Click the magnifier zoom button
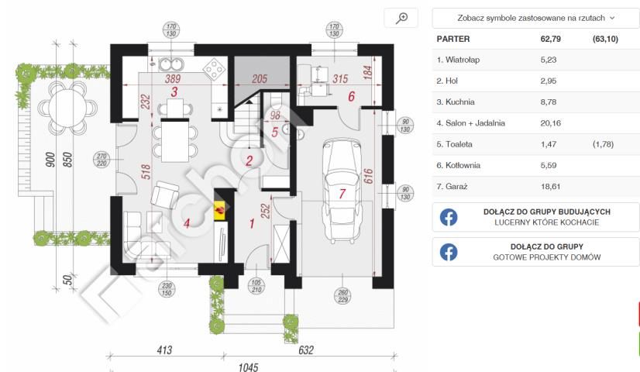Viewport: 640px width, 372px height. [401, 19]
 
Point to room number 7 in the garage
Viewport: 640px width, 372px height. [342, 194]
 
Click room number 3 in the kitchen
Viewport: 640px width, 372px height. [174, 92]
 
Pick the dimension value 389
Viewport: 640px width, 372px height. [173, 78]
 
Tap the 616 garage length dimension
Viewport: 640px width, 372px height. [368, 176]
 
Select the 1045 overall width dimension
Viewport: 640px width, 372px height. [248, 367]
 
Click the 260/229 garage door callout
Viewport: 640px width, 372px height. [342, 296]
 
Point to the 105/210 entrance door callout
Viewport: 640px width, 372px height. [256, 286]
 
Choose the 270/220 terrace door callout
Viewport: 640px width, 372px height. [102, 160]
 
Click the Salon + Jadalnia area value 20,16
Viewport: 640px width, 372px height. [551, 123]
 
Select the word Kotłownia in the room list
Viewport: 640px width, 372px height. [463, 165]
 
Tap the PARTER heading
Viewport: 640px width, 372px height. [453, 40]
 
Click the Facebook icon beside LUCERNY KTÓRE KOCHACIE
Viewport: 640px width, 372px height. [449, 217]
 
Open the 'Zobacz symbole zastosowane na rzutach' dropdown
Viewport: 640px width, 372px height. [535, 18]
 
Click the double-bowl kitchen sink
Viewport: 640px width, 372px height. [171, 64]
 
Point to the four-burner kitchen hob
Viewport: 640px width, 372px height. [215, 70]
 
